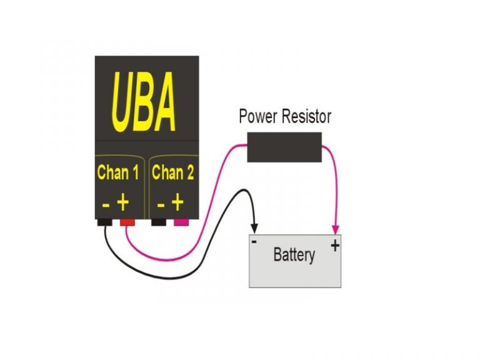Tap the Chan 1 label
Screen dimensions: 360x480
pyautogui.click(x=118, y=172)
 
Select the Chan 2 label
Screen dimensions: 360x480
pyautogui.click(x=173, y=172)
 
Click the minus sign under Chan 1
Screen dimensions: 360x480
pyautogui.click(x=106, y=204)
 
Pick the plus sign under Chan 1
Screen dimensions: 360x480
pyautogui.click(x=124, y=202)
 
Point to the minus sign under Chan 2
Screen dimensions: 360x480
pyautogui.click(x=161, y=204)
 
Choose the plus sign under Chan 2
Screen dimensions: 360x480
pyautogui.click(x=178, y=202)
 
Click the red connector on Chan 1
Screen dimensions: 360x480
pyautogui.click(x=127, y=222)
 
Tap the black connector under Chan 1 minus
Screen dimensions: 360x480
pyautogui.click(x=104, y=222)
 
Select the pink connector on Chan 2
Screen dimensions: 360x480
pyautogui.click(x=182, y=222)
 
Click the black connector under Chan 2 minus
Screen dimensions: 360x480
pyautogui.click(x=159, y=222)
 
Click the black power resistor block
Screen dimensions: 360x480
pyautogui.click(x=284, y=147)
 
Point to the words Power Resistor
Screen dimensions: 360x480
pyautogui.click(x=285, y=116)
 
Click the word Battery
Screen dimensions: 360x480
pyautogui.click(x=294, y=255)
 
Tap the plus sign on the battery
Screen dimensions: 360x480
pyautogui.click(x=335, y=245)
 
